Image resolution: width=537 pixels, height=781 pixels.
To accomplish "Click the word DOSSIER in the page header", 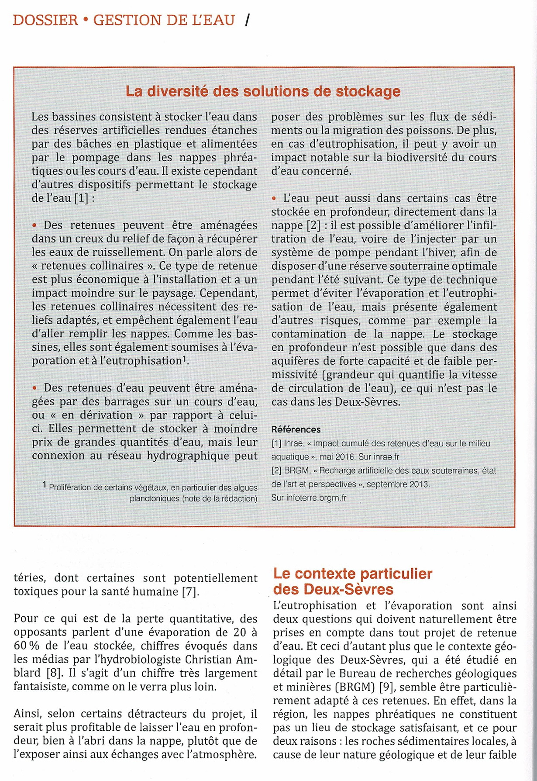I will click(x=45, y=20).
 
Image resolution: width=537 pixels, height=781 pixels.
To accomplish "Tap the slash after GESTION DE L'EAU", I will click(x=248, y=20).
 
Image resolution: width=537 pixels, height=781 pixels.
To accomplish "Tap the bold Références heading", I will click(x=296, y=429).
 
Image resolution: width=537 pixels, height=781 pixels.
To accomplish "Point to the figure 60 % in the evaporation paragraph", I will click(x=27, y=646).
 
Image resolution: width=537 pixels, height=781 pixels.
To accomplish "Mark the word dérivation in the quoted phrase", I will click(x=105, y=415).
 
